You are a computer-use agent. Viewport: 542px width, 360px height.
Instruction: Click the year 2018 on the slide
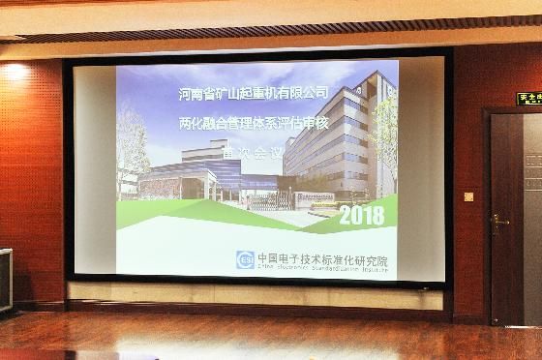[361, 216]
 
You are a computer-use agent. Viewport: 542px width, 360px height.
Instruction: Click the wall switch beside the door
[468, 196]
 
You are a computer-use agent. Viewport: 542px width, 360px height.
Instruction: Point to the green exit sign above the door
[528, 99]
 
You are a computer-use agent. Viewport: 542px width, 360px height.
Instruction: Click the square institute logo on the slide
[246, 260]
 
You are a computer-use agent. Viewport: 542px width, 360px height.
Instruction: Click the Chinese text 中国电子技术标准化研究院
[322, 258]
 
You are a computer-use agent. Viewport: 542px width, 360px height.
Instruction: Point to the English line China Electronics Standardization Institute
[322, 270]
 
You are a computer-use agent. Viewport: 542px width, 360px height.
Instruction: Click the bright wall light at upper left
[14, 72]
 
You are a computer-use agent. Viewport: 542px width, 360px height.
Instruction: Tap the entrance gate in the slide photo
[265, 200]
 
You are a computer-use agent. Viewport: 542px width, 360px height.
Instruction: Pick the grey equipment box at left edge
[6, 281]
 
